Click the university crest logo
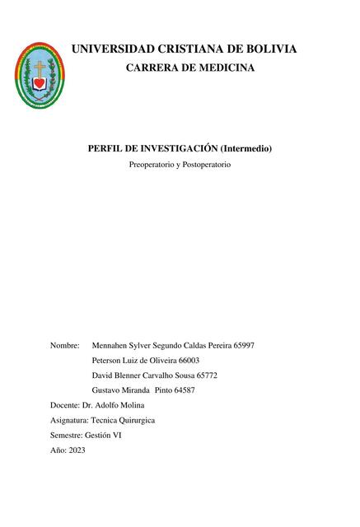(x=40, y=76)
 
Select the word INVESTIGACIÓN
(x=176, y=148)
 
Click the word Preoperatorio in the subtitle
(x=152, y=166)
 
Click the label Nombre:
(x=65, y=346)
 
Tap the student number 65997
(x=245, y=346)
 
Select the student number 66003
(x=189, y=361)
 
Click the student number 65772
(x=211, y=375)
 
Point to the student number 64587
(x=185, y=390)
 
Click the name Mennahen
(x=111, y=346)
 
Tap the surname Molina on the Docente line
(x=131, y=405)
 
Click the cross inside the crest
(x=40, y=68)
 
